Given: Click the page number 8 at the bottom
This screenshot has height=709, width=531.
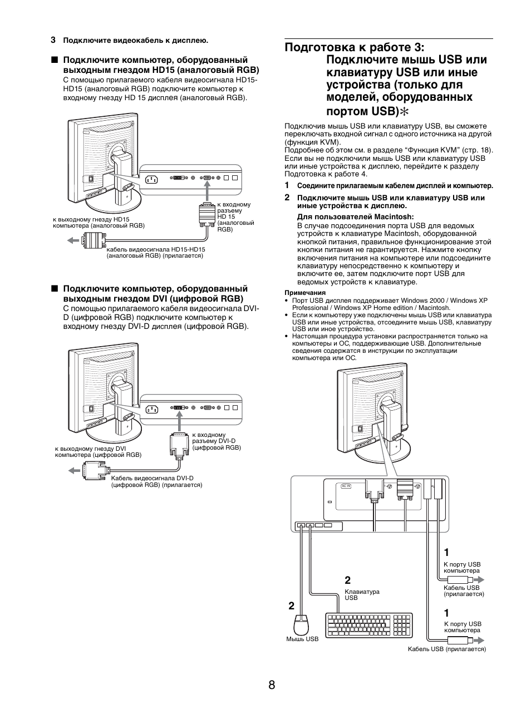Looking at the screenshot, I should click(271, 685).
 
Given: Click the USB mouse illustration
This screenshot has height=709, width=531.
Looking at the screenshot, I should click(301, 624).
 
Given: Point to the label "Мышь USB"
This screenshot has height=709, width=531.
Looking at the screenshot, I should click(302, 639).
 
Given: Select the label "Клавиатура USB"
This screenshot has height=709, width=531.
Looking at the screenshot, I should click(362, 594).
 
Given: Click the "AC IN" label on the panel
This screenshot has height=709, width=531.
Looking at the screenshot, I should click(346, 486).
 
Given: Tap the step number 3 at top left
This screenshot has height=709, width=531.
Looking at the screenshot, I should click(53, 40).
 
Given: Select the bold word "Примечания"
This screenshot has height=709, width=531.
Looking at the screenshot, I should click(304, 292).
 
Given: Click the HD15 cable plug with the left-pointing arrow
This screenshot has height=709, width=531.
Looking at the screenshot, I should click(93, 240).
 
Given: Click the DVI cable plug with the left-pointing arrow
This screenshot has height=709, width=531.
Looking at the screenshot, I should click(94, 470).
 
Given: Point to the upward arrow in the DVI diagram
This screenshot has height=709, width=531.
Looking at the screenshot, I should click(178, 424).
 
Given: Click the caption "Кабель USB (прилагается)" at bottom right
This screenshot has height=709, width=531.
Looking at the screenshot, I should click(446, 649).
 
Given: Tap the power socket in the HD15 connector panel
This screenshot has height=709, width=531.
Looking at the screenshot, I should click(151, 179).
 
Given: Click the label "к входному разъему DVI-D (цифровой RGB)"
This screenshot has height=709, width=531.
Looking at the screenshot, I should click(216, 441).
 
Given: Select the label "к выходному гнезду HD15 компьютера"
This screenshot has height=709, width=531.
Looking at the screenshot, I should click(99, 223).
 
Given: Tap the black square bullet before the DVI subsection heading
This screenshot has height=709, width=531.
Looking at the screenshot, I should click(55, 289).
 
